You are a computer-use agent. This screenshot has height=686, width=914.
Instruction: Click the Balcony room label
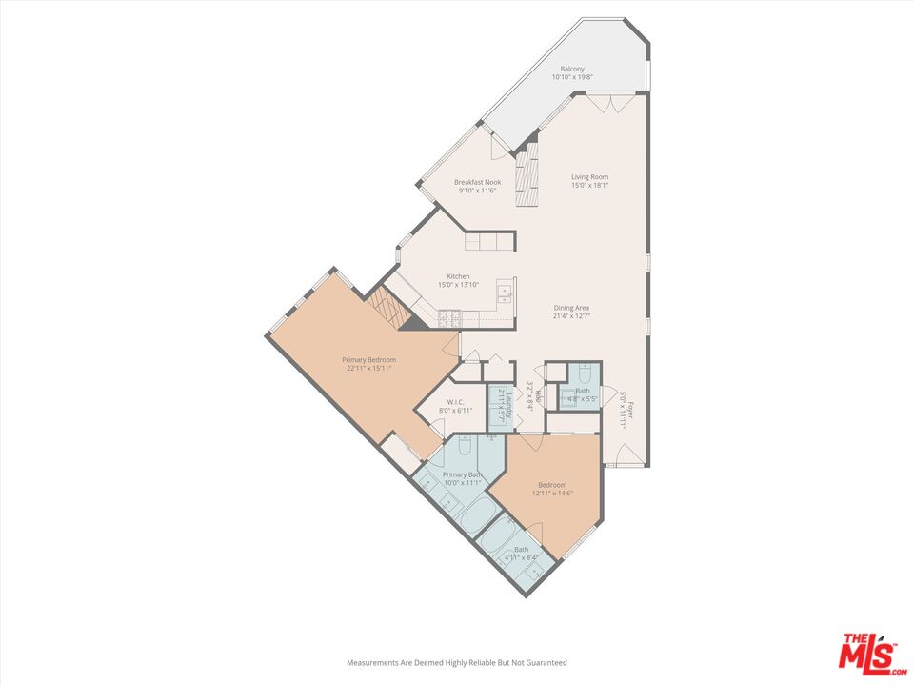coord(571,70)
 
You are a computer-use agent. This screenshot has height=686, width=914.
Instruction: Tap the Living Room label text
coord(589,176)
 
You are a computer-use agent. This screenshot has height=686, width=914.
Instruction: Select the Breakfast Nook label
coord(477,182)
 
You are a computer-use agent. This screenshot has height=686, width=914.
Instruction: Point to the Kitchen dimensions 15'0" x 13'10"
coord(459,285)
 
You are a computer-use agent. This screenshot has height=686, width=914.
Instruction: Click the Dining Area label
coord(571,308)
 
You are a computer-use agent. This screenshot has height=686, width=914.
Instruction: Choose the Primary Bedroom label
coord(368,359)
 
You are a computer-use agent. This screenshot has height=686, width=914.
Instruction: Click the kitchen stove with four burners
coord(448,317)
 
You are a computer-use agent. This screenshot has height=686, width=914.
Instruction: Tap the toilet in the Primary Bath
coord(467,446)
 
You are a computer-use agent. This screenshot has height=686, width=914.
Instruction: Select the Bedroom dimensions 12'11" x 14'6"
coord(551,494)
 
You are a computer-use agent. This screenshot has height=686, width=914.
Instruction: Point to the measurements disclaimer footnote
coord(456,662)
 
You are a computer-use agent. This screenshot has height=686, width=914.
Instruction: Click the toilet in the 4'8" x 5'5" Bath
coord(585,373)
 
